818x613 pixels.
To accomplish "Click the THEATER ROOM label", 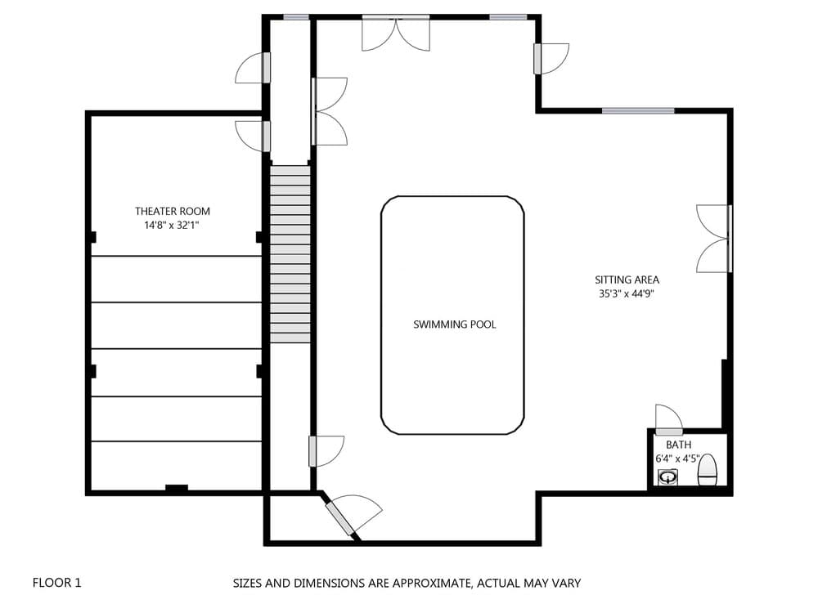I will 172,211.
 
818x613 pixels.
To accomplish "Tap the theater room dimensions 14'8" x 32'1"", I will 172,225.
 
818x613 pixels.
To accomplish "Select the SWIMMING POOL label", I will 454,324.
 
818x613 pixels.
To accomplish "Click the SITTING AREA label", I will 627,280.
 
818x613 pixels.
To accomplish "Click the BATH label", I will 678,445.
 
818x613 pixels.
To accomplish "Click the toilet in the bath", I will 708,470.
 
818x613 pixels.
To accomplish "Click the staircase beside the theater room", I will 290,253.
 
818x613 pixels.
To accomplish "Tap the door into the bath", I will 669,420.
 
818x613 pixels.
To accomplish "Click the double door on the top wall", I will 396,33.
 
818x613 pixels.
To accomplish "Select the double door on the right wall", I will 714,238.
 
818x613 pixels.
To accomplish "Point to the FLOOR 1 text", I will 56,583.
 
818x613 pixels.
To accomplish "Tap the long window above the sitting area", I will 638,110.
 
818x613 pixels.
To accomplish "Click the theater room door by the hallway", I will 252,135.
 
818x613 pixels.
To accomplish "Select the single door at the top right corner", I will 551,58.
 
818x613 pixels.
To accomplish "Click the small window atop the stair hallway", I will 296,17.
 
